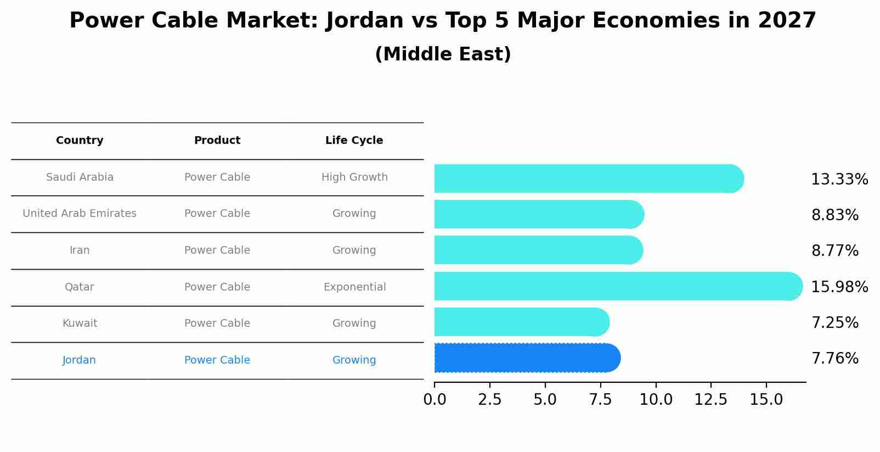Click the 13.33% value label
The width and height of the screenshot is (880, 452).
[x=839, y=180]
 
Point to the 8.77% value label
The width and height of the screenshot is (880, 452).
[x=834, y=251]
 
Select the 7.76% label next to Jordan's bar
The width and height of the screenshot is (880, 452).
[x=834, y=359]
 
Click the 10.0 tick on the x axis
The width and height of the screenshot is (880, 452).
[x=656, y=400]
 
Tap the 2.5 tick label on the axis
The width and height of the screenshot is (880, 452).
[x=490, y=400]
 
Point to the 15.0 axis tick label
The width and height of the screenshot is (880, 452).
[x=766, y=400]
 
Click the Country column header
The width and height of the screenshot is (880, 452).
[x=80, y=141]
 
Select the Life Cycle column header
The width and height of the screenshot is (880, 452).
[x=354, y=141]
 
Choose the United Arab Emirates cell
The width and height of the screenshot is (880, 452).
[x=80, y=214]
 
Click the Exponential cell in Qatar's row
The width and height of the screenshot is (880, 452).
[x=354, y=287]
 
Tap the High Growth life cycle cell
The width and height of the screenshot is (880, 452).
[x=354, y=177]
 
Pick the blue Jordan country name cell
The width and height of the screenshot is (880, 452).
[x=79, y=360]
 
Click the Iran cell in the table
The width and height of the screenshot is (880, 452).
[x=80, y=250]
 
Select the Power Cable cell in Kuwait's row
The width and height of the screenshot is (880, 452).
[x=217, y=323]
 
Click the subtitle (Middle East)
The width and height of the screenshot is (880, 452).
[x=443, y=54]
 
